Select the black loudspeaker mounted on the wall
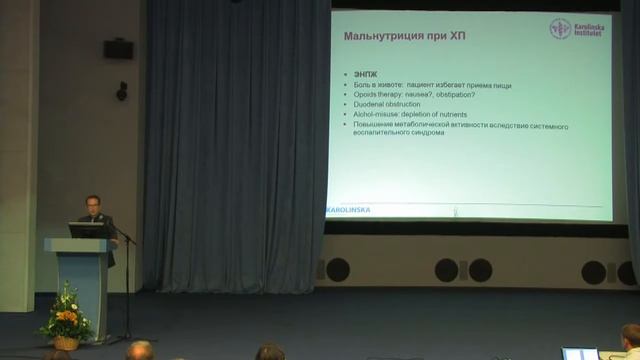click(118, 48)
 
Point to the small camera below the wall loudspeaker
click(122, 90)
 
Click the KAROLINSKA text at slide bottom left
click(348, 210)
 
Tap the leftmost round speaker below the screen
click(338, 269)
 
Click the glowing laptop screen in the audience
click(579, 354)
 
